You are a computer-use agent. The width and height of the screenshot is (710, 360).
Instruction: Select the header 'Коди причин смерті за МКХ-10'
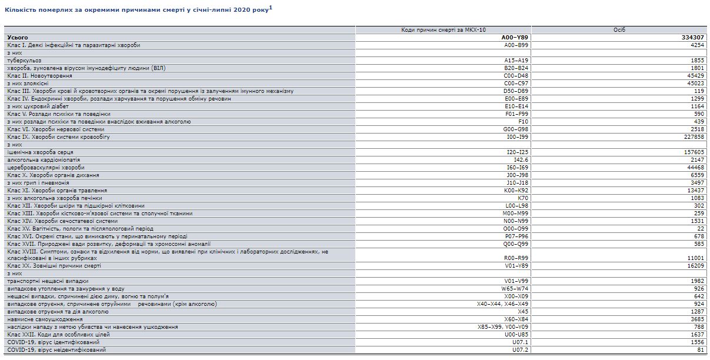[x=443, y=29]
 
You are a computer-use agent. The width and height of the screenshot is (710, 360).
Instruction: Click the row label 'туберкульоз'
[x=25, y=60]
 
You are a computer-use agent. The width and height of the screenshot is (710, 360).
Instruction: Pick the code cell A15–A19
[x=518, y=60]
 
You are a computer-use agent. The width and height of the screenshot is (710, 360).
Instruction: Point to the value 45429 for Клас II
[x=695, y=75]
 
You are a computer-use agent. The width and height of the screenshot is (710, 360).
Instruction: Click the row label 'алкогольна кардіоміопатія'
[x=44, y=159]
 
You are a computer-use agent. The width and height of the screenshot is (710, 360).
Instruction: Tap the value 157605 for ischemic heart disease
[x=693, y=152]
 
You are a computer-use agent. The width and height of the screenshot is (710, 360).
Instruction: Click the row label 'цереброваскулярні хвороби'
[x=46, y=167]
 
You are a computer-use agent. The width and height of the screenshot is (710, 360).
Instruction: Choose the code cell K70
[x=522, y=198]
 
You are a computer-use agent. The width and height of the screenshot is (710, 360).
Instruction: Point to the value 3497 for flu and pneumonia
[x=696, y=182]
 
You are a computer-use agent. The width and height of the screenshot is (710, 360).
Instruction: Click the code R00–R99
[x=518, y=258]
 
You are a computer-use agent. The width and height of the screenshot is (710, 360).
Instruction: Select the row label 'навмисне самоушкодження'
[x=45, y=319]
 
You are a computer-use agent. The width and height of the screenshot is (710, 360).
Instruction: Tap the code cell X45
[x=522, y=311]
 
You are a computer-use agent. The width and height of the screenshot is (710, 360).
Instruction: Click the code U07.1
[x=521, y=342]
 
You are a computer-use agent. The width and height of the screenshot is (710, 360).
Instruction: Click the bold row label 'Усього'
[x=18, y=37]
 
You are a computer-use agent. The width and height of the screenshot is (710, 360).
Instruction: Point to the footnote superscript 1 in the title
[x=271, y=8]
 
